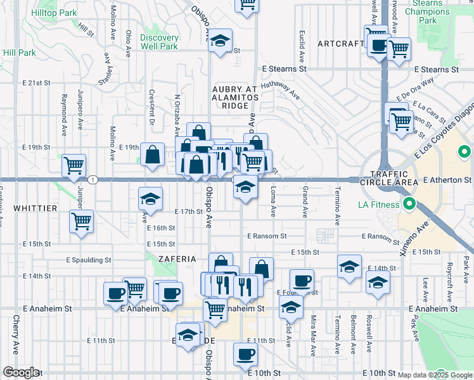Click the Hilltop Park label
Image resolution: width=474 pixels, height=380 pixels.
click(58, 12)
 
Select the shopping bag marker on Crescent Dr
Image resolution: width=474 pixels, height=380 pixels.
click(153, 155)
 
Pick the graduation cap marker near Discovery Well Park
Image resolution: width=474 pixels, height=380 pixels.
click(220, 42)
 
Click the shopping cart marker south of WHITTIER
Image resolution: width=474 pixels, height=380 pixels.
click(81, 222)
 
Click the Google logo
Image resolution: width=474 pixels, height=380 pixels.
click(21, 372)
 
